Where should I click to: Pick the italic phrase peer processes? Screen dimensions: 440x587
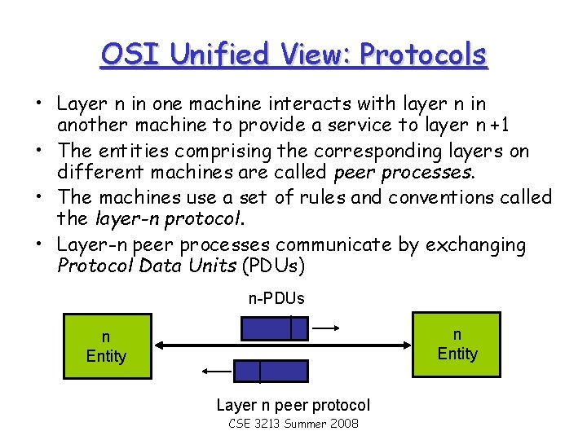pyautogui.click(x=404, y=174)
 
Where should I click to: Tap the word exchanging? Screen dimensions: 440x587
pyautogui.click(x=477, y=244)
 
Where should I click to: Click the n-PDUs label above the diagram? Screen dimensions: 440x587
pyautogui.click(x=276, y=298)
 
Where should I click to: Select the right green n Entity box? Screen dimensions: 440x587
pyautogui.click(x=457, y=344)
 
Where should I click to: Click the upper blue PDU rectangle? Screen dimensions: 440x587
pyautogui.click(x=275, y=328)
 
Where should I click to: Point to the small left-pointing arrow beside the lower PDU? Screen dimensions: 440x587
pyautogui.click(x=218, y=372)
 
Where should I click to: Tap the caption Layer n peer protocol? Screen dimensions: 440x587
pyautogui.click(x=293, y=405)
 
